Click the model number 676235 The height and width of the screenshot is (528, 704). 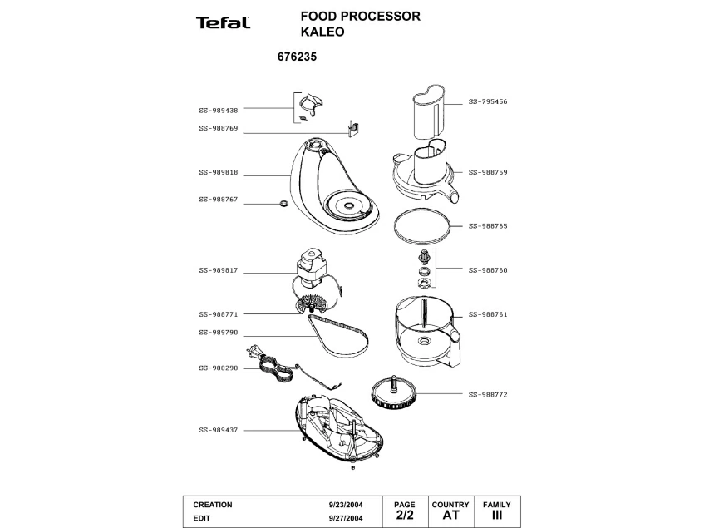(294, 59)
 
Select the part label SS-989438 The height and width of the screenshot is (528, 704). (219, 110)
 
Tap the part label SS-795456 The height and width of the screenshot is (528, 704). (488, 101)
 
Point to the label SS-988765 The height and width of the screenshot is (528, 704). (488, 225)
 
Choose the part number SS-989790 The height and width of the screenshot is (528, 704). (219, 333)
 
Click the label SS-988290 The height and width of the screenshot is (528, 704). (219, 368)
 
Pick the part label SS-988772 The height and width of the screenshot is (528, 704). (488, 394)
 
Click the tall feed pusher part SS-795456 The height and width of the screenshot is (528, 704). (431, 112)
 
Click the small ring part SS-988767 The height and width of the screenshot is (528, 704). (283, 203)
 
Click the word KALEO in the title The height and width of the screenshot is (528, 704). (322, 32)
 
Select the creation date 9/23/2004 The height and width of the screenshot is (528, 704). (346, 505)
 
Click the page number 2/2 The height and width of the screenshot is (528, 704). (404, 516)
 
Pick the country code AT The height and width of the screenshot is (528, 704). (450, 516)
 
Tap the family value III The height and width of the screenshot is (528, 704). (497, 516)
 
